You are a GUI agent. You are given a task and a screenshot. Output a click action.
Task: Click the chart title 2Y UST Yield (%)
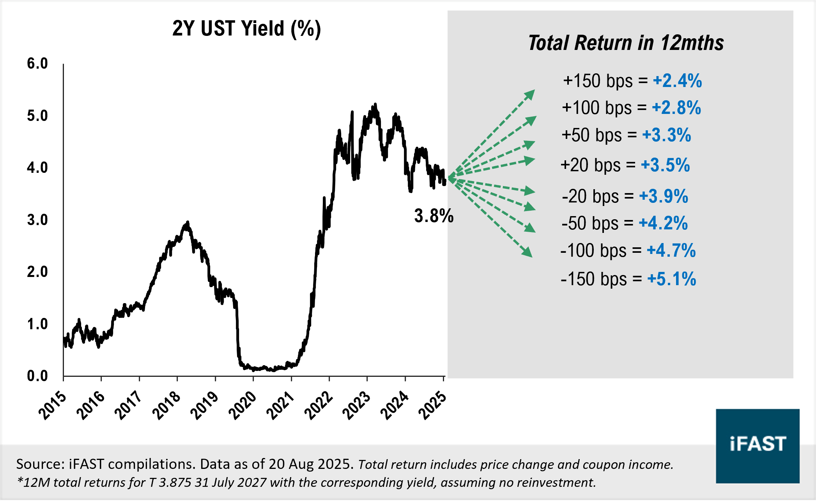[246, 29]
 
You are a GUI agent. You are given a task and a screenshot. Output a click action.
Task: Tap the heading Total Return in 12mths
[626, 43]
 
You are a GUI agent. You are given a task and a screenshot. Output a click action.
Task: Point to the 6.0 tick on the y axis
[37, 64]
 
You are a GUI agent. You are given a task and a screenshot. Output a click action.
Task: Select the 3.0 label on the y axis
[37, 220]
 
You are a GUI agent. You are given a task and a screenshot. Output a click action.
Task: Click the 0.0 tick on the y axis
[37, 376]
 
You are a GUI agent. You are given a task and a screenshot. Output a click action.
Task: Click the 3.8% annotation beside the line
[434, 216]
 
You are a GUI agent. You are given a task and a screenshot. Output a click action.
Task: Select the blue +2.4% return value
[677, 81]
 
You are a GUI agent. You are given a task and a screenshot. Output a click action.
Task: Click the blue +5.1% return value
[671, 279]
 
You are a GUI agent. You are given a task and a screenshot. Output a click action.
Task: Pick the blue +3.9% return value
[664, 196]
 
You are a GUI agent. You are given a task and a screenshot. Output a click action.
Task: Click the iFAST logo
[757, 445]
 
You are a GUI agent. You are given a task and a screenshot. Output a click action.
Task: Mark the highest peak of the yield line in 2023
[375, 105]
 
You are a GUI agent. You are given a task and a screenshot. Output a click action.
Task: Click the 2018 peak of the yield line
[188, 223]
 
